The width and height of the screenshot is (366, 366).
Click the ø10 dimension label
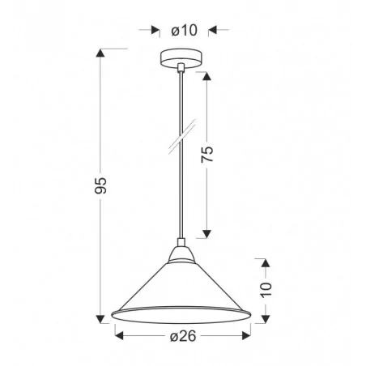click(183, 31)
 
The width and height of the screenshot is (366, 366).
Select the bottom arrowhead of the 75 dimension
click(206, 232)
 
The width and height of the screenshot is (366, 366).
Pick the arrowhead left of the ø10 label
click(155, 32)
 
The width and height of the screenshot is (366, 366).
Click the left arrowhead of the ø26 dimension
click(118, 332)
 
